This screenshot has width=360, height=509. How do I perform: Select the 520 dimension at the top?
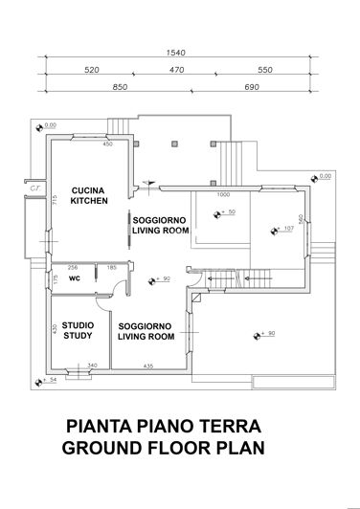coord(93,70)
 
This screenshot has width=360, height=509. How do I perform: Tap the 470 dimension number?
coord(177,70)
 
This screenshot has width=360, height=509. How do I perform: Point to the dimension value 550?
coord(265,70)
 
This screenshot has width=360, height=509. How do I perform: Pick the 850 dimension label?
coord(120,86)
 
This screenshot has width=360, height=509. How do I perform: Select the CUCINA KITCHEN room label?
coord(88,196)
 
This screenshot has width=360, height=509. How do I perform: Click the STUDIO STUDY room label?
coord(78,330)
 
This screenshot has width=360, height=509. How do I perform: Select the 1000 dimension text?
coord(223,194)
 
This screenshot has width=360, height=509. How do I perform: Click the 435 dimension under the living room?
coord(148,365)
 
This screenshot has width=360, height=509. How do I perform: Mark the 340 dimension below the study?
coord(92,365)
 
